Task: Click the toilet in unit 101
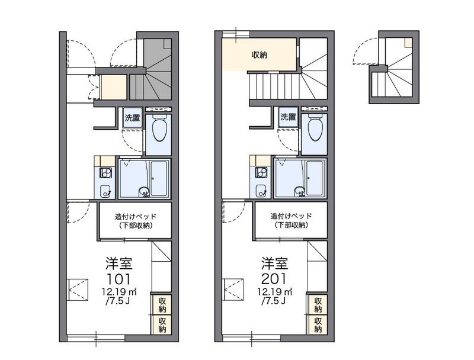pyautogui.click(x=159, y=128)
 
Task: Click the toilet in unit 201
pyautogui.click(x=315, y=128)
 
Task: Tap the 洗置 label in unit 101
pyautogui.click(x=132, y=117)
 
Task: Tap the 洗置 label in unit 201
pyautogui.click(x=288, y=117)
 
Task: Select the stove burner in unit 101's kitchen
pyautogui.click(x=106, y=173)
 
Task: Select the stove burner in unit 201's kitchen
pyautogui.click(x=262, y=173)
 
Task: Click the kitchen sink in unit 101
pyautogui.click(x=106, y=191)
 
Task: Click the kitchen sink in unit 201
pyautogui.click(x=262, y=191)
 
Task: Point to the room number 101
pyautogui.click(x=118, y=279)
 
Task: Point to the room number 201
pyautogui.click(x=274, y=279)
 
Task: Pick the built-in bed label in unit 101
pyautogui.click(x=136, y=221)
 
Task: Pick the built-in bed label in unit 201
pyautogui.click(x=291, y=220)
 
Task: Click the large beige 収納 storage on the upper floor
pyautogui.click(x=259, y=54)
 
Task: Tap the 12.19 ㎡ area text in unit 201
pyautogui.click(x=274, y=292)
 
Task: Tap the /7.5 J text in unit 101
pyautogui.click(x=117, y=301)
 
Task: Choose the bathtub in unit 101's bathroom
pyautogui.click(x=159, y=178)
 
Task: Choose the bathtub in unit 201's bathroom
pyautogui.click(x=315, y=178)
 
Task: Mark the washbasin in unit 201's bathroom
pyautogui.click(x=300, y=191)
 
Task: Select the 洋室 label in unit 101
pyautogui.click(x=119, y=263)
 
